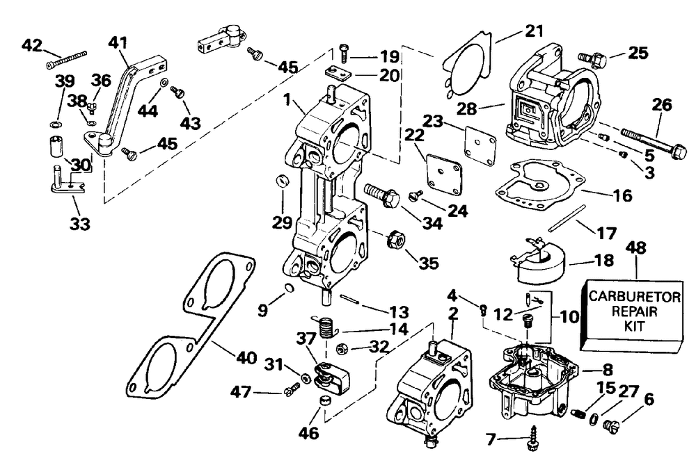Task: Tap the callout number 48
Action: tap(634, 249)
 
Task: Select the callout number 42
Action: tap(32, 45)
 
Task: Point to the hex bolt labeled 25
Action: tap(592, 54)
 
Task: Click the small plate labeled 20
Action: tap(340, 73)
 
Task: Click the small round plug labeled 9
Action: tap(288, 288)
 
